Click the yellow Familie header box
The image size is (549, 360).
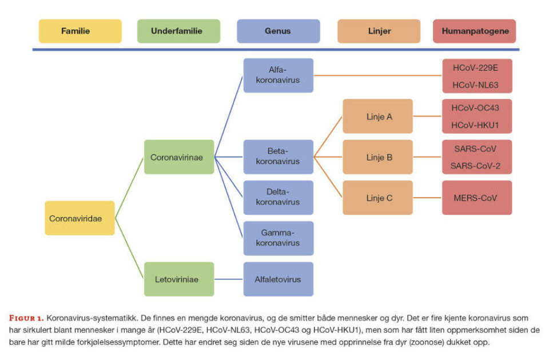80,31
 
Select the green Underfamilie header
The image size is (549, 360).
178,31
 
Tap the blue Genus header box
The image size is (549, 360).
279,31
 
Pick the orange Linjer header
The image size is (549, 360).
379,31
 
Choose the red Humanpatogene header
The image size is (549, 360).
475,31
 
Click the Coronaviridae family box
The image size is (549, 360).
79,218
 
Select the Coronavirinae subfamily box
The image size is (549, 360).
178,157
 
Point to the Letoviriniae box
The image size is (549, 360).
178,279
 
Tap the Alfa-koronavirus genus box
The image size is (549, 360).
279,75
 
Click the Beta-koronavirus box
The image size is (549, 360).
279,157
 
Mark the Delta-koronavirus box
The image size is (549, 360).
279,198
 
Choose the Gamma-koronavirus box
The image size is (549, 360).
279,238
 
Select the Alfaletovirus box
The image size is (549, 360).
279,279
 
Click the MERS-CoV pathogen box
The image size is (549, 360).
476,198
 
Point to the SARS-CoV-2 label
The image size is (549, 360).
476,166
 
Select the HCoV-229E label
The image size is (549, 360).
476,67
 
